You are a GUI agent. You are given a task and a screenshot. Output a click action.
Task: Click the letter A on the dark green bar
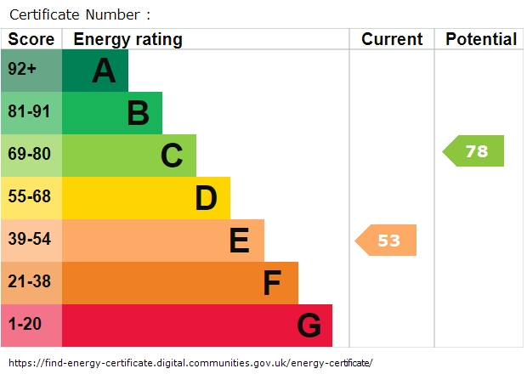coord(104,71)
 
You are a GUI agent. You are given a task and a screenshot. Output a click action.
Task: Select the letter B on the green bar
coord(138,113)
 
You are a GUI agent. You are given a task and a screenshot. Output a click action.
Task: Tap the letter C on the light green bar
coord(172,156)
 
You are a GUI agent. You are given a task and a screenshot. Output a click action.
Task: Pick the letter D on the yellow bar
coord(206,198)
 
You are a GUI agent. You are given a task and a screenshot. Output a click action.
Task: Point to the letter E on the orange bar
coord(239,241)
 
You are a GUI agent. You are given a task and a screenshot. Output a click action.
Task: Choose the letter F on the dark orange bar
coord(272,283)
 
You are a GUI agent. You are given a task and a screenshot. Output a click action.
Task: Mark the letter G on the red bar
coord(309,326)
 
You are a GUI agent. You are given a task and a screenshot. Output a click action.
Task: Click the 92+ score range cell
coord(31,71)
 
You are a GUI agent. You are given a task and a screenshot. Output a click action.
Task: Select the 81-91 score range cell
coord(31,113)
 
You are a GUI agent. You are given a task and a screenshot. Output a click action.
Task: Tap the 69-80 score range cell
coord(31,156)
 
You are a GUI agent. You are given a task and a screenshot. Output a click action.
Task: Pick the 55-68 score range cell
coord(31,198)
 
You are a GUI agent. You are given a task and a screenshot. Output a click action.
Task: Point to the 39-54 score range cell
coord(31,241)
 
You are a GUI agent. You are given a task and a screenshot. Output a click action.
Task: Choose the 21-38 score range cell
coord(31,283)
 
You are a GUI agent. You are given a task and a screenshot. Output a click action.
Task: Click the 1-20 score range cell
coord(31,326)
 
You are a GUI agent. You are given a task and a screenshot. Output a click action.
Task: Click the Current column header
coord(391,39)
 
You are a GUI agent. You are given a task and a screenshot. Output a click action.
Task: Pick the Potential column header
coord(480,39)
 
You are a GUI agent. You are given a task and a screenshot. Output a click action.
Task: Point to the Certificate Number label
coord(79,14)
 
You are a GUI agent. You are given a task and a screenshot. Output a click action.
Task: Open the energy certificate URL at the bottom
coord(190,363)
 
